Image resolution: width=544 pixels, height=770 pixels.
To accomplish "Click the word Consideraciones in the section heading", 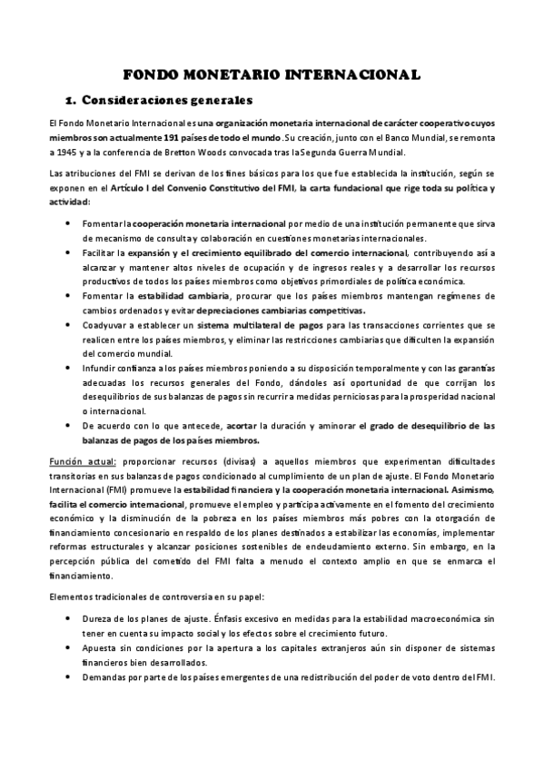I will pos(133,98).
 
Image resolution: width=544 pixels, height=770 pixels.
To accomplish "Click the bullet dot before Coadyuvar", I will pos(73,324).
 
